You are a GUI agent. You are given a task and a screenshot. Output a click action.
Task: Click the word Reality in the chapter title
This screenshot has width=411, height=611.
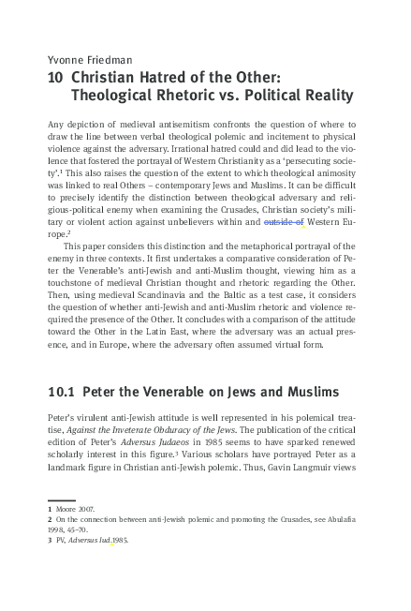[322, 95]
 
